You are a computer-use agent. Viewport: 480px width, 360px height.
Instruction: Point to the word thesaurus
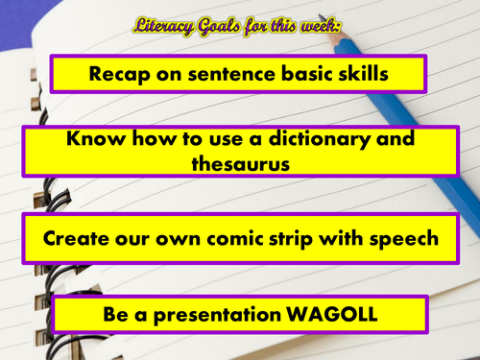pos(239,163)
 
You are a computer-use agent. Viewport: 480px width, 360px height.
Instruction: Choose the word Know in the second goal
pos(92,139)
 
